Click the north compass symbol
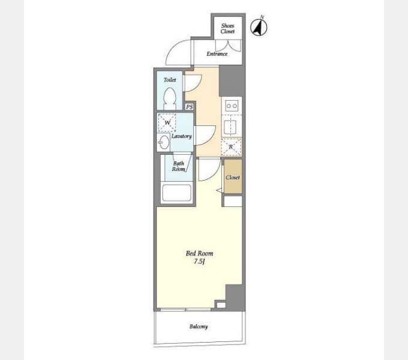(259, 27)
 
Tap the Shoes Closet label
(227, 28)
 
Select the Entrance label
(217, 53)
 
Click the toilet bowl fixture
(170, 99)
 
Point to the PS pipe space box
(190, 107)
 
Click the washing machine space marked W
(167, 122)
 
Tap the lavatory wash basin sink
(164, 142)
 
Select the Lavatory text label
(182, 136)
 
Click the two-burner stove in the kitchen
(232, 106)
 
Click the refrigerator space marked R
(231, 147)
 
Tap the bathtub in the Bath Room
(176, 193)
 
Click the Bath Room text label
(179, 166)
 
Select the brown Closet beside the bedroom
(233, 176)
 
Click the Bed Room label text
(199, 253)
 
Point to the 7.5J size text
(199, 262)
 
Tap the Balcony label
(199, 326)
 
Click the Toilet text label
(170, 80)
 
